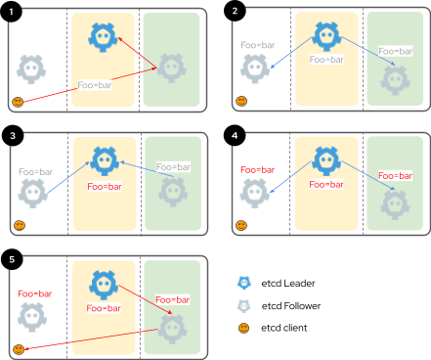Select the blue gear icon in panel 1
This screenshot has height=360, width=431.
coord(103,36)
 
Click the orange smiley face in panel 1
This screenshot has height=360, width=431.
coord(18,102)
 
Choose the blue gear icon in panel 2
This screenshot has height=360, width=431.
coord(326,36)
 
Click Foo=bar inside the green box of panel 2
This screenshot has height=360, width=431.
coord(395,51)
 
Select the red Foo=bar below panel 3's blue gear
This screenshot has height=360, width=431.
coord(103,185)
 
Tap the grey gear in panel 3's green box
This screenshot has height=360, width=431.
coord(172,192)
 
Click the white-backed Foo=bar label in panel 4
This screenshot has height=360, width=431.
coord(256,170)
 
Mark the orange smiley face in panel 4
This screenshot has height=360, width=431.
coord(241,226)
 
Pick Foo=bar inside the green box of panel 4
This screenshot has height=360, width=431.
coord(395,176)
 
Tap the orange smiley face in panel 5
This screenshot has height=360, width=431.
coord(18,349)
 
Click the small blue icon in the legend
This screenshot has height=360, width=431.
coord(244,283)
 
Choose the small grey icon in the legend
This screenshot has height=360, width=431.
coord(244,306)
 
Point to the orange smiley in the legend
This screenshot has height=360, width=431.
coord(244,328)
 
